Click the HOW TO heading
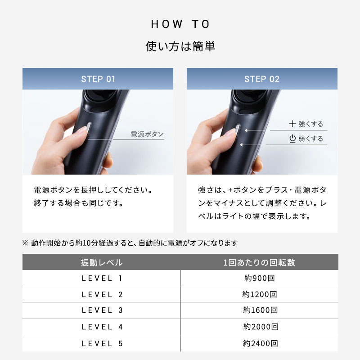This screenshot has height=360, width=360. coord(180,24)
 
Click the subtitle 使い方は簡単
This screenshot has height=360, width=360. coord(180,46)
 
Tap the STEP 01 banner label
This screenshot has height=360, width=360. coord(98,79)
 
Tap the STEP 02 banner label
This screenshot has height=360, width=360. coord(262,79)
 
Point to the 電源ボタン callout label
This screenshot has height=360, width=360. coord(147,134)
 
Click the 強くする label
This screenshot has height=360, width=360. coord(310,124)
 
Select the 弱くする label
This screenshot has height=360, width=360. coord(310,139)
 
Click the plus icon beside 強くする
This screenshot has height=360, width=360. coord(292,124)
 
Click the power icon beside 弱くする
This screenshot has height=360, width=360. coord(292,139)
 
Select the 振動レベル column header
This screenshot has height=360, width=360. coord(101,262)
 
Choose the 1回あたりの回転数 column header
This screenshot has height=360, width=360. coord(259,262)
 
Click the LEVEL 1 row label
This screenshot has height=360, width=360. coord(102,278)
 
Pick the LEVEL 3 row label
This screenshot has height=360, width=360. coord(102,310)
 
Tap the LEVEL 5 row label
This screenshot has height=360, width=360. coord(102,343)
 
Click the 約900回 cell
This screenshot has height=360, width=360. coord(259,278)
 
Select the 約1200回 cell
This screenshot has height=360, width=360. coord(259,295)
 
